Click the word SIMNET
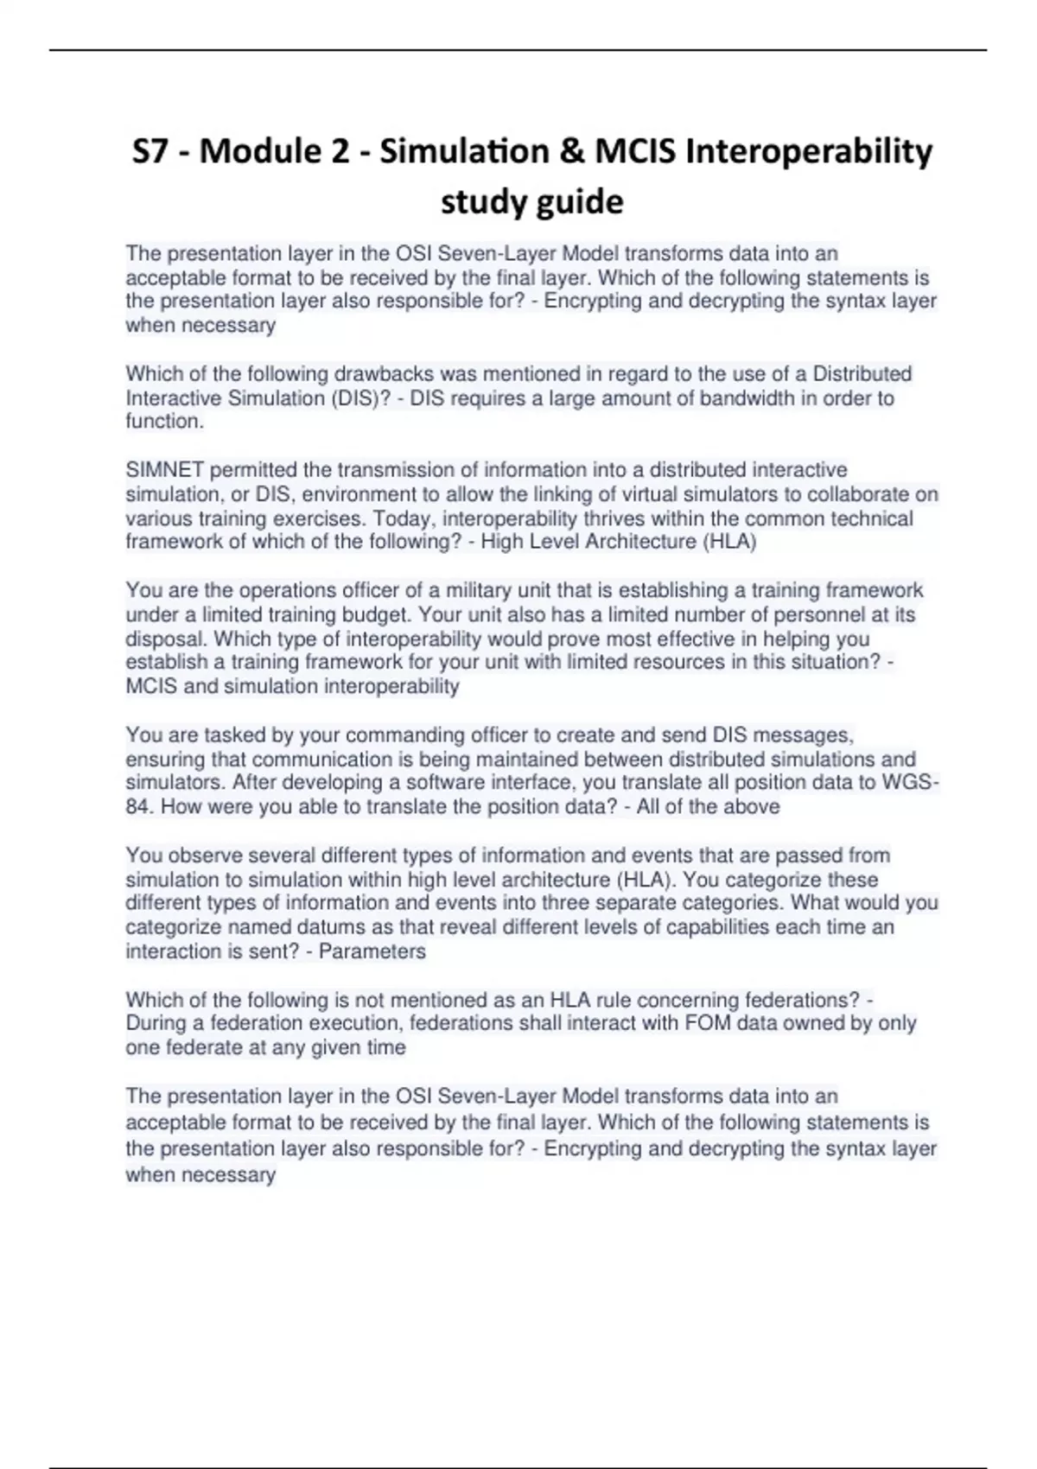(165, 470)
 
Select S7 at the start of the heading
(152, 152)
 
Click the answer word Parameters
(372, 951)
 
